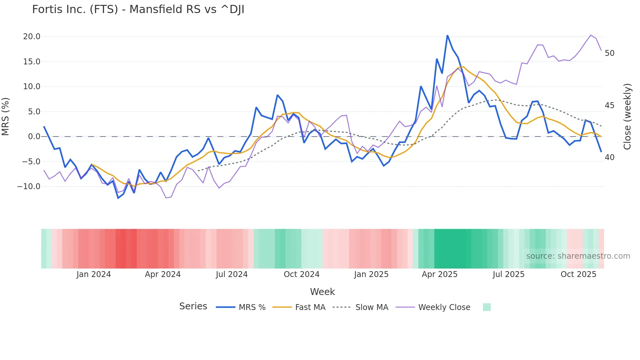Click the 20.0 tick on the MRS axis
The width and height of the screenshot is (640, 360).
click(x=32, y=37)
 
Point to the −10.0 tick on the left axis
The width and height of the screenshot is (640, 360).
click(x=29, y=187)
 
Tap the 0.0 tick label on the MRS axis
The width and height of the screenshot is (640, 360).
click(x=34, y=137)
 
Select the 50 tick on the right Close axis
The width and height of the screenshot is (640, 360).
click(x=609, y=53)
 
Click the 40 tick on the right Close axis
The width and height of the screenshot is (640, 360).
click(x=609, y=157)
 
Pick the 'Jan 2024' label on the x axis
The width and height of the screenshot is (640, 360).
click(x=94, y=274)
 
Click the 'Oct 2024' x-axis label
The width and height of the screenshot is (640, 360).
click(x=301, y=274)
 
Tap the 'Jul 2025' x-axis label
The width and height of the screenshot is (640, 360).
click(x=508, y=274)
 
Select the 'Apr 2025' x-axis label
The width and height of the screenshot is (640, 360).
click(x=440, y=274)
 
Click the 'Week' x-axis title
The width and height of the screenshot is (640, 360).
click(x=322, y=292)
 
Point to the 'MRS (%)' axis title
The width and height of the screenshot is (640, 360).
click(x=6, y=117)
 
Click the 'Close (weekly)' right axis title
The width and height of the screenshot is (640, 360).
click(x=627, y=117)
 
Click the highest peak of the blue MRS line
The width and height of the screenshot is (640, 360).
click(x=447, y=35)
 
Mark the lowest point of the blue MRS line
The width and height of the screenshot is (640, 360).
click(x=118, y=198)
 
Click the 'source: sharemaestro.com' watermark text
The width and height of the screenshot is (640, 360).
click(x=578, y=256)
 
